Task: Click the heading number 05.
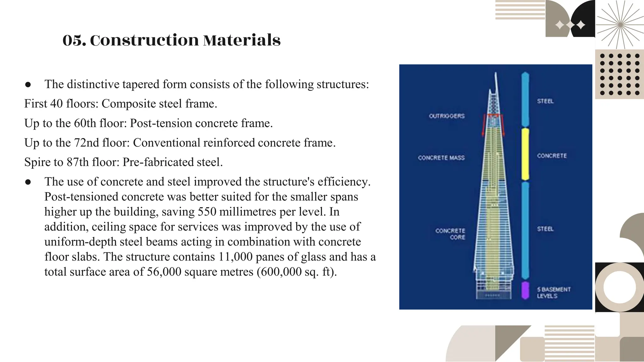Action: [74, 41]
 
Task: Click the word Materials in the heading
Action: [241, 41]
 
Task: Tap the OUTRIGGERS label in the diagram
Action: [447, 116]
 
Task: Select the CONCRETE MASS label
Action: [441, 158]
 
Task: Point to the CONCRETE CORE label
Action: [450, 234]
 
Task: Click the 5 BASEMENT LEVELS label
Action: [553, 293]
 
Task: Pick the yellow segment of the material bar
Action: [525, 154]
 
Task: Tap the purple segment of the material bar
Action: [525, 290]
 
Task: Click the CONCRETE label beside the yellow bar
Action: [552, 156]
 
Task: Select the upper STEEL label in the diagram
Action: [545, 101]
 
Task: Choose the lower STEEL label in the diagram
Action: [545, 229]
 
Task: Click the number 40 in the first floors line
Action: [57, 104]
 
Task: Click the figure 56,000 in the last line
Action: [164, 272]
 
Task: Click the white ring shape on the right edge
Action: [619, 288]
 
